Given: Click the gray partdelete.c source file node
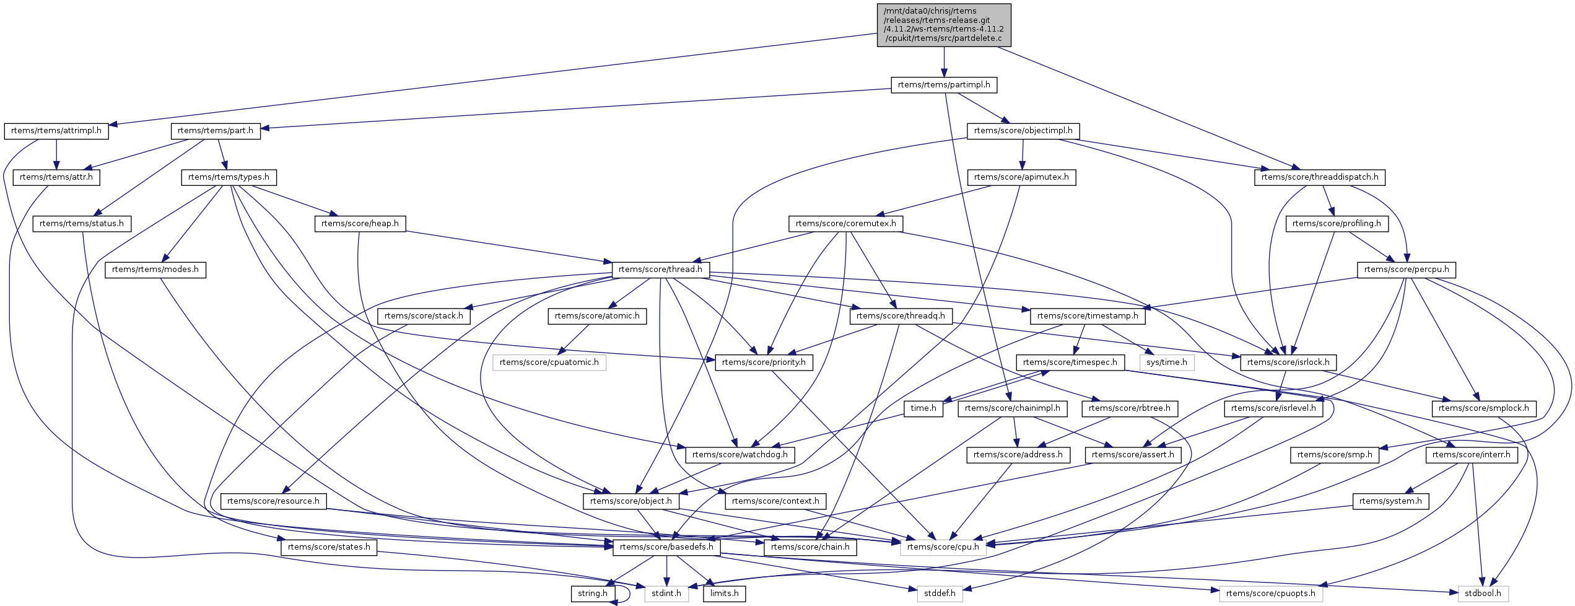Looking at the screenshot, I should (943, 25).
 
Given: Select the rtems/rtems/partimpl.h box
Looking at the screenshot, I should (943, 85).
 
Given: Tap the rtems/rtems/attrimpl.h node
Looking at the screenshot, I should (56, 131).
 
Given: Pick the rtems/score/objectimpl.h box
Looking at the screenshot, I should (1023, 131).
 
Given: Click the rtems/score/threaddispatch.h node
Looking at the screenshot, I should (1320, 177).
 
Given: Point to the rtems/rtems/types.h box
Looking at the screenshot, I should (229, 177).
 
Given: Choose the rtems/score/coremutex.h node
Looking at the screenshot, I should (845, 224).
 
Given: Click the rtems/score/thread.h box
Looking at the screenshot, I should (660, 270).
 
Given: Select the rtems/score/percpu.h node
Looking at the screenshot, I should (1406, 270).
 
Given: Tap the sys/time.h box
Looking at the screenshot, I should (1166, 362).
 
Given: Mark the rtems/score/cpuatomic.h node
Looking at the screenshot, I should (549, 362).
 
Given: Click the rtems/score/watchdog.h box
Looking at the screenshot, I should (740, 455).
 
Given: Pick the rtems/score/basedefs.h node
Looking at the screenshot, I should (666, 547).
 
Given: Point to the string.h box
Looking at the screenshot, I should (592, 594).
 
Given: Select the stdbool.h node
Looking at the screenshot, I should (1483, 594).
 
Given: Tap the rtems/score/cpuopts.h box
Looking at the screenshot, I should (1270, 594).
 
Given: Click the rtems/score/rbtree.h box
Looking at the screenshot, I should (1129, 408).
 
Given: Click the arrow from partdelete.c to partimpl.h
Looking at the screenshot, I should (943, 62).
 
